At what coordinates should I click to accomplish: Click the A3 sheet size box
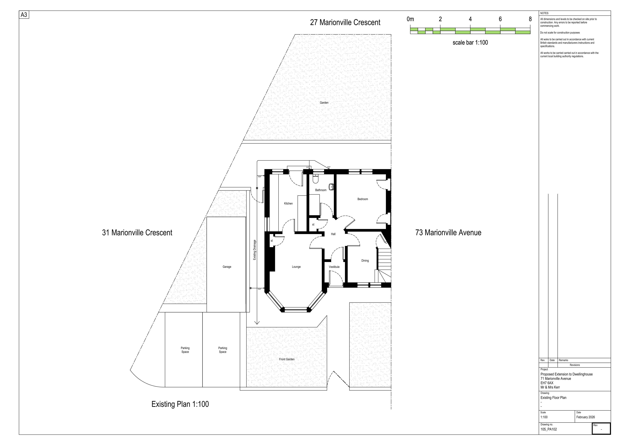24,15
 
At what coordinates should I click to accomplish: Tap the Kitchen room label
288,203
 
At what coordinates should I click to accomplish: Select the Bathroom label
321,190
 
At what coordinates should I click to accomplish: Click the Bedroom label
363,199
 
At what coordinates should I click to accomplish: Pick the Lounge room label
296,267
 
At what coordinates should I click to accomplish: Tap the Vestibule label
334,267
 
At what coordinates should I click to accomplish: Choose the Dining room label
365,261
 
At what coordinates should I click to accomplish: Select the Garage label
227,267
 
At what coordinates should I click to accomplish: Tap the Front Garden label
287,359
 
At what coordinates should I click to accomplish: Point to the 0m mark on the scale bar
410,19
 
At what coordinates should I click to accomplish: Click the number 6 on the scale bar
500,19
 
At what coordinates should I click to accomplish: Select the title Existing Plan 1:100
180,404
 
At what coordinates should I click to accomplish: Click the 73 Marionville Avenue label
448,232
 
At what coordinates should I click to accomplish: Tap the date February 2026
586,417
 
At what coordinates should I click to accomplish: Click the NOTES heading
544,13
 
